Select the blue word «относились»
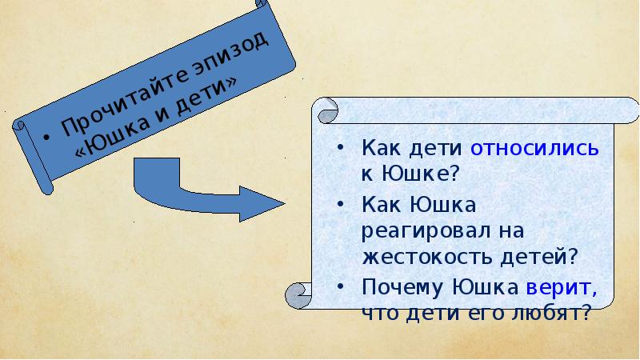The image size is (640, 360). click(x=534, y=148)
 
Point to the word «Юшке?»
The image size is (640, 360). click(x=423, y=170)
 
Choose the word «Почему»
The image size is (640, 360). click(x=403, y=286)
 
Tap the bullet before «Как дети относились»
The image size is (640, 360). click(x=342, y=149)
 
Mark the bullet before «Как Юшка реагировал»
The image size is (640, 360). click(x=342, y=206)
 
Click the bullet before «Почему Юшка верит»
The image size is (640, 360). click(x=342, y=287)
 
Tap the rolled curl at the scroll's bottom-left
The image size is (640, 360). click(x=296, y=297)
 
